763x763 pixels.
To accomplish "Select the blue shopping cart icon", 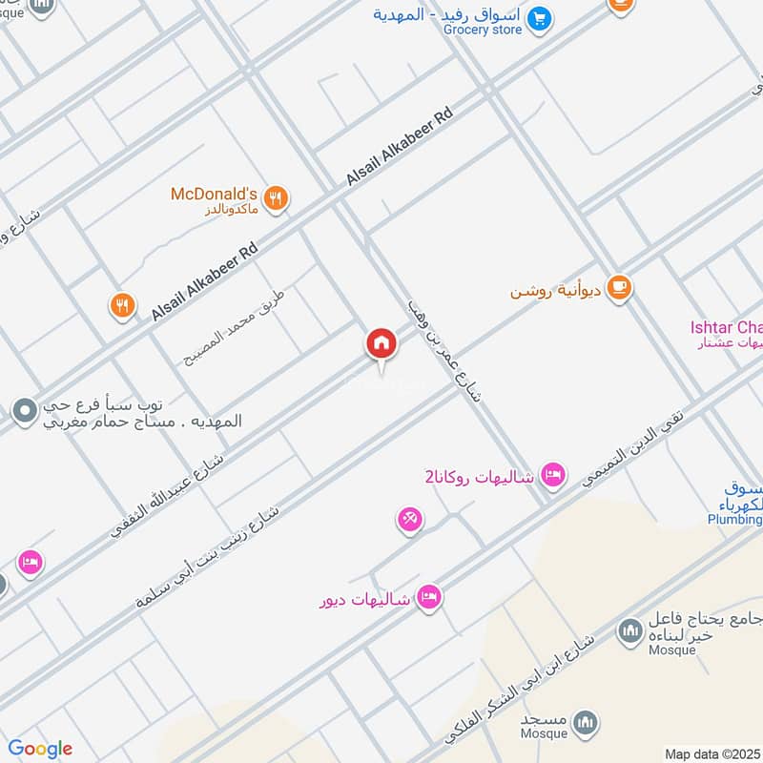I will [x=540, y=17].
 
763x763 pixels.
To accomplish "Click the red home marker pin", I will [x=381, y=343].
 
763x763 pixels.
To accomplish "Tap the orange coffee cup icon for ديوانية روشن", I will [x=619, y=286].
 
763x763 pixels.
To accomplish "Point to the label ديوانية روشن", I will [x=556, y=289].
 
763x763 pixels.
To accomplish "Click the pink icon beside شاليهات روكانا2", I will [x=552, y=473].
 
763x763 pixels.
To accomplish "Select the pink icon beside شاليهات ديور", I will [x=428, y=596].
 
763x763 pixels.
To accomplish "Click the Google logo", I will [x=40, y=749].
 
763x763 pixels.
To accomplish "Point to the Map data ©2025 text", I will [x=711, y=753].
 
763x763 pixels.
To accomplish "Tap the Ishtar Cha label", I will [x=726, y=327].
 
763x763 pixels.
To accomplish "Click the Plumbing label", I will [x=734, y=520].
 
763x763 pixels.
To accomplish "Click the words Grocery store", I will [x=483, y=30].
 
